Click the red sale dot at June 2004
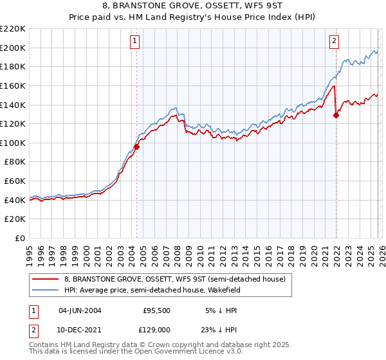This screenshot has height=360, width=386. tap(136, 147)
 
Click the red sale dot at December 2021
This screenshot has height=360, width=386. tap(336, 115)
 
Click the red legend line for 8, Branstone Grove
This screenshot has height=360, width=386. tap(46, 278)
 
